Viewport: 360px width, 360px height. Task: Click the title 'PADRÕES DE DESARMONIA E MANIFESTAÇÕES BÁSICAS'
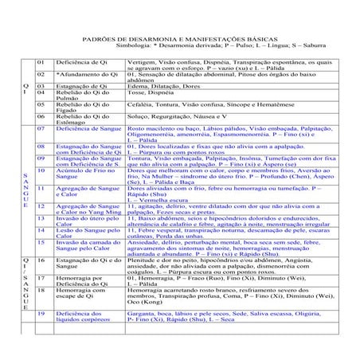[x=179, y=38]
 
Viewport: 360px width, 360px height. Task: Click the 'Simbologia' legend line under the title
[x=191, y=46]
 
